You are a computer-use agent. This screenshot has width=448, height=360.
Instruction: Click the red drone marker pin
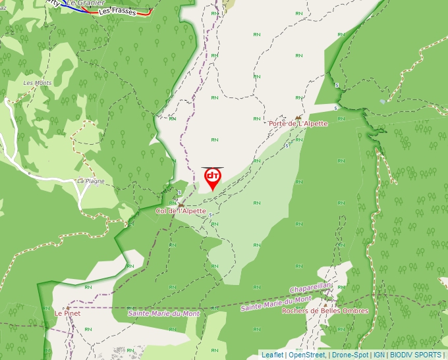point(212,178)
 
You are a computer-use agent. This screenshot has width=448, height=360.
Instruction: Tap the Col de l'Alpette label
point(181,211)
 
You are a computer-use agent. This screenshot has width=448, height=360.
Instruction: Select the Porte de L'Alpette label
point(298,124)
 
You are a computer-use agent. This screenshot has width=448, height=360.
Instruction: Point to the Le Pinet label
point(67,314)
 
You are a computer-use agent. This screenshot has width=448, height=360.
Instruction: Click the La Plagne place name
point(91,181)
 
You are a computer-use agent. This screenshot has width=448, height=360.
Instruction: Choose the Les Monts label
point(38,83)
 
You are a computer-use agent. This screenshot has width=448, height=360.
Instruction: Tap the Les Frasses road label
point(117,11)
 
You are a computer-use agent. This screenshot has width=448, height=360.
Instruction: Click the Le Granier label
point(86,3)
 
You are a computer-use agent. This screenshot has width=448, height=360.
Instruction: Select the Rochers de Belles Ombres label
point(325,311)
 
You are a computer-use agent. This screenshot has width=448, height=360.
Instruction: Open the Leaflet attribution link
point(272,355)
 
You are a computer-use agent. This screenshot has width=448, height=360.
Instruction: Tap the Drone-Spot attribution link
point(350,355)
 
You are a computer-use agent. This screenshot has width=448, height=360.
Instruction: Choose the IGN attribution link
point(379,355)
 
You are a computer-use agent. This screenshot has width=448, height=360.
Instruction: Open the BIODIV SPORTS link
point(415,355)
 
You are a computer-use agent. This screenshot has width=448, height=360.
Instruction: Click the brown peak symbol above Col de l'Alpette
point(181,205)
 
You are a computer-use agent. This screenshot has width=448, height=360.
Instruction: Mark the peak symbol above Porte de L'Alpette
point(298,117)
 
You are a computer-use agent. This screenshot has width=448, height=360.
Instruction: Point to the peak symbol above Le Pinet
point(67,307)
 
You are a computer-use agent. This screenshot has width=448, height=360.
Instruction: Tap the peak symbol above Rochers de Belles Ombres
point(325,305)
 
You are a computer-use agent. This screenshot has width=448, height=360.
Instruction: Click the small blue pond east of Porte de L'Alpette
point(382,101)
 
